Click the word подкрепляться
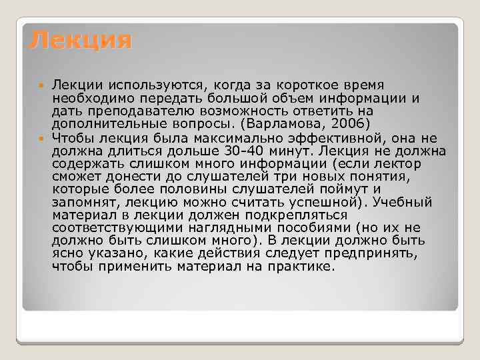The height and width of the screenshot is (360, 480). (x=293, y=215)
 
